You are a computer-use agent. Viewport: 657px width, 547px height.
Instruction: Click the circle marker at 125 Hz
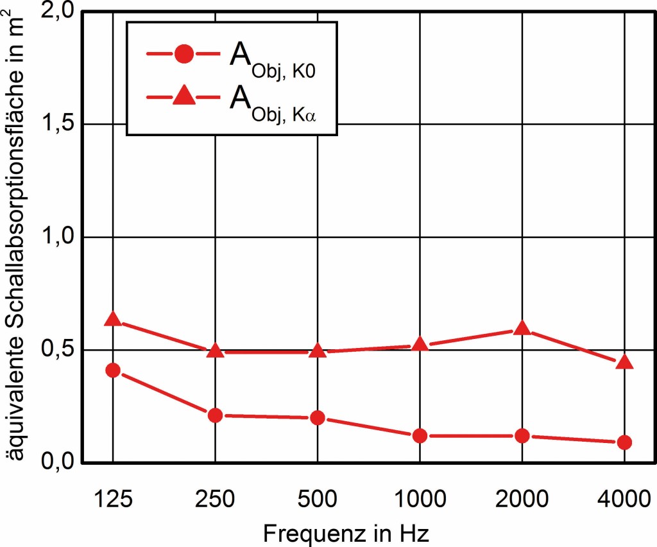point(113,370)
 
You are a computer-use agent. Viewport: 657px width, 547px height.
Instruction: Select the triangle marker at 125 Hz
point(113,319)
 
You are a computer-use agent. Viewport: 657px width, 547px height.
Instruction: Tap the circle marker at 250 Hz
point(215,415)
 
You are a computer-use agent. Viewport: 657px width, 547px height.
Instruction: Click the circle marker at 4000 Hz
point(624,442)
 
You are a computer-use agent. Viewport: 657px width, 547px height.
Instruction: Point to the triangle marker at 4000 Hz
point(624,363)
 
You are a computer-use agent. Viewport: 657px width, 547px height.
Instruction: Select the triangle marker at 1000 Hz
point(420,344)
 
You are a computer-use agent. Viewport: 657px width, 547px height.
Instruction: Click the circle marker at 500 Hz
point(318,418)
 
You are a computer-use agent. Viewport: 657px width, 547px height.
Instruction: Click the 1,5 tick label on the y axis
point(56,125)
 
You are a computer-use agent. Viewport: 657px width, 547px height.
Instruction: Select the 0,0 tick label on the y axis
point(56,462)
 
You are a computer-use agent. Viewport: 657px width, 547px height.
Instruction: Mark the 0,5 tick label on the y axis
point(56,351)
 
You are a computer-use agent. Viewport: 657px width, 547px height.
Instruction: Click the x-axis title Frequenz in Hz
point(346,533)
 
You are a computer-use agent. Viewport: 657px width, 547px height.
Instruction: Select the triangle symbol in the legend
point(183,96)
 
